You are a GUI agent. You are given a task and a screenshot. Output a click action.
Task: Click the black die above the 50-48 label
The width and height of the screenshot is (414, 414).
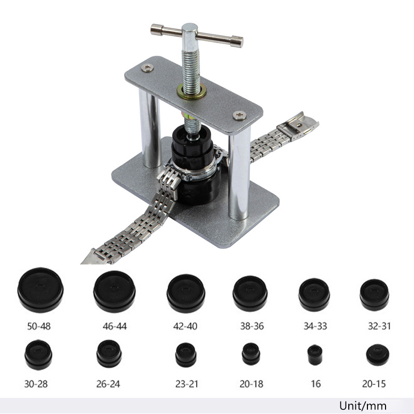(x=40, y=290)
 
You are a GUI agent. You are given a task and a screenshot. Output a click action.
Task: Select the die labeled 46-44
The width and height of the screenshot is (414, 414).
(x=114, y=291)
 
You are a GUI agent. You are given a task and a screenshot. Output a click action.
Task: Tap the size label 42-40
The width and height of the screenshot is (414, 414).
(x=185, y=327)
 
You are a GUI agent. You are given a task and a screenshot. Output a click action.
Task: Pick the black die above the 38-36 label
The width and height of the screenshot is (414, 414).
(x=250, y=293)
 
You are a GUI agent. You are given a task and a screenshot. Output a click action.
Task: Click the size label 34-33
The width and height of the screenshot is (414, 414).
(x=315, y=327)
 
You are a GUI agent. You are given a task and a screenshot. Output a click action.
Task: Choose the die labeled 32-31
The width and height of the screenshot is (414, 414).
(x=374, y=294)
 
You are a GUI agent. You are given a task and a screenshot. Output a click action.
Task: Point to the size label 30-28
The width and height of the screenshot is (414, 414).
(x=36, y=384)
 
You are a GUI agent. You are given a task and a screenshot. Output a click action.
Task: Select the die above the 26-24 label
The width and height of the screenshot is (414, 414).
(x=109, y=353)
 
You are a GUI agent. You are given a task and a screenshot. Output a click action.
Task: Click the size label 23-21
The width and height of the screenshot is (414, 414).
(x=187, y=384)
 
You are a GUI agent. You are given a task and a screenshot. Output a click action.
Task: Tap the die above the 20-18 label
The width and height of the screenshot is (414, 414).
(x=251, y=354)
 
